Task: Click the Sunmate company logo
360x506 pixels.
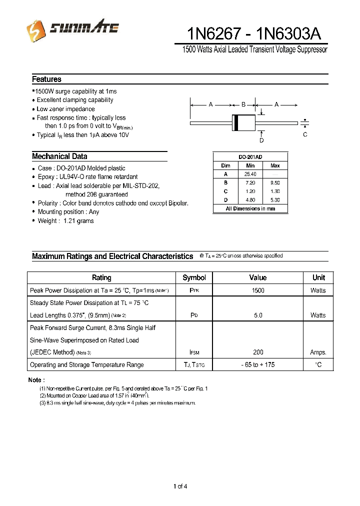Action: pos(72,29)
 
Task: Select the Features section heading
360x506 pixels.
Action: pos(46,79)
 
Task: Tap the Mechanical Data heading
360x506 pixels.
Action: pos(59,156)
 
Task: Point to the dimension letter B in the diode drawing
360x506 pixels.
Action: pos(243,104)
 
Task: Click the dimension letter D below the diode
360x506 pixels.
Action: pos(261,140)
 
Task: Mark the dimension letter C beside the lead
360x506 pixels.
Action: pos(305,134)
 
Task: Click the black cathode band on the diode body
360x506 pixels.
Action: pos(236,122)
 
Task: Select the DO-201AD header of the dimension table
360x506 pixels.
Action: pos(250,156)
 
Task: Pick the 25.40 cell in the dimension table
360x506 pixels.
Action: pos(250,174)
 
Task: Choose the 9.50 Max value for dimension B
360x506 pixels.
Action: pos(275,182)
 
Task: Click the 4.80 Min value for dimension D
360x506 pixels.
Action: pos(250,200)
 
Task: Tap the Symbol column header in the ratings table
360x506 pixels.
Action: pos(194,277)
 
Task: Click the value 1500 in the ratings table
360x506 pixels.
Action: pos(258,290)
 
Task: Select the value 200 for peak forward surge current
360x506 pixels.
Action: pos(258,352)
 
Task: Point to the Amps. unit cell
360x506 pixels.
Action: pos(318,352)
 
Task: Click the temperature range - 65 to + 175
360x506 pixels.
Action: pos(258,365)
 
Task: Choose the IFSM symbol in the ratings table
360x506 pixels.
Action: pos(194,353)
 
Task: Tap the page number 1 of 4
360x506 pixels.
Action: pos(180,486)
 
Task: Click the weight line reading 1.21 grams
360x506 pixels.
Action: pos(65,220)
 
